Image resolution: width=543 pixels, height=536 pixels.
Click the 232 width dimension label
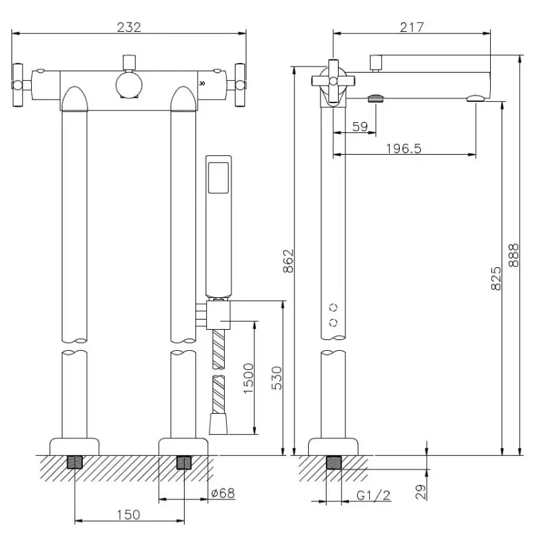(129, 27)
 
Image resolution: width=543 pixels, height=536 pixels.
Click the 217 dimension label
(412, 27)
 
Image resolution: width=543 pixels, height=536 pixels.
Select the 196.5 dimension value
(404, 148)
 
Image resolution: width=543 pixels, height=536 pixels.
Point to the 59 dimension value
(360, 126)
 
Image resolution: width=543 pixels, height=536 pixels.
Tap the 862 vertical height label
(288, 261)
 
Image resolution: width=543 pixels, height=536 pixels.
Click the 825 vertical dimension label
(496, 278)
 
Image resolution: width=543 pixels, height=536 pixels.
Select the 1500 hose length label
(248, 380)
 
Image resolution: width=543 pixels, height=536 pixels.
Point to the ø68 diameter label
(223, 493)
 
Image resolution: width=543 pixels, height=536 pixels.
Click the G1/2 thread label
(373, 496)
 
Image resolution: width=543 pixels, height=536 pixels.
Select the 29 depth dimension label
(421, 490)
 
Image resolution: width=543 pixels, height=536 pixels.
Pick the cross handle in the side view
(333, 81)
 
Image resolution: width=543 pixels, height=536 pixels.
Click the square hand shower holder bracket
(219, 314)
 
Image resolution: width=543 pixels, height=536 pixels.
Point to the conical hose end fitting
(218, 425)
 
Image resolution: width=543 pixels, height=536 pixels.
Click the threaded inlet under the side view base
(333, 464)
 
